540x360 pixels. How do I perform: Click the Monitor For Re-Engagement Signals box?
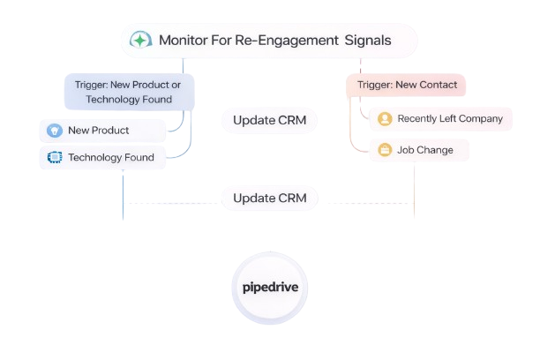point(269,41)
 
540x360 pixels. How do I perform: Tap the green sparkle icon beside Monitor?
point(140,41)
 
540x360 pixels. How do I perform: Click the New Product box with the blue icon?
point(103,131)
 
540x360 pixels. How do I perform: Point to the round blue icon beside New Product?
point(53,131)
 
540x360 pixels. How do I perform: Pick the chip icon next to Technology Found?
point(53,158)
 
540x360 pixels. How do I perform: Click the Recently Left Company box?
point(440,118)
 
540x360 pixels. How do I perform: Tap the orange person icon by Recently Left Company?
point(385,118)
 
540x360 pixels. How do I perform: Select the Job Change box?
point(419,150)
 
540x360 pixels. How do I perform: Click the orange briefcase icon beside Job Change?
point(385,150)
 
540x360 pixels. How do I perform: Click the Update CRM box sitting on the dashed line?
point(270,198)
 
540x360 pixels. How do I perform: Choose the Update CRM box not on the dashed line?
point(270,120)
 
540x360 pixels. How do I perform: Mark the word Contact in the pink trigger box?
point(438,86)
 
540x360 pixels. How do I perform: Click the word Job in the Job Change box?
point(406,150)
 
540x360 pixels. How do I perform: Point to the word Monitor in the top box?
point(185,41)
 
